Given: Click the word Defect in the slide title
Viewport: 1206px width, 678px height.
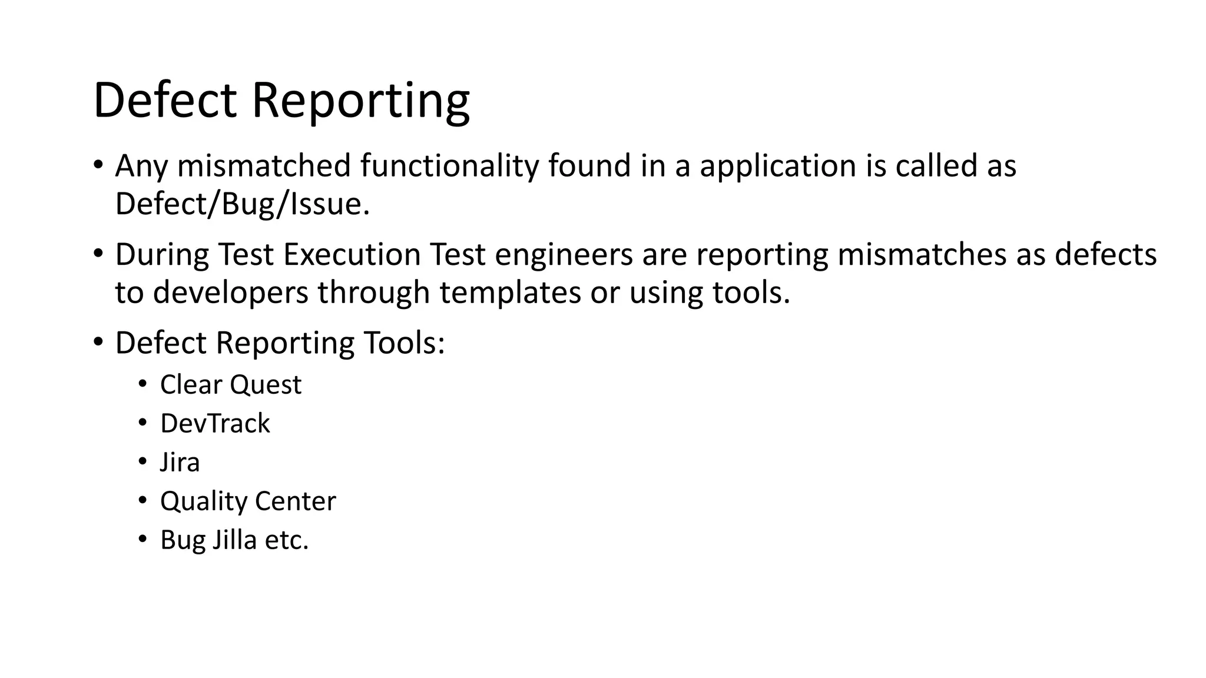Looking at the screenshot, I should [165, 100].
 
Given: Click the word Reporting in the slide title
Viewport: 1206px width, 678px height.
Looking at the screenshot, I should [360, 101].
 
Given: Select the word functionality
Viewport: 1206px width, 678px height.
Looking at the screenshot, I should [449, 166].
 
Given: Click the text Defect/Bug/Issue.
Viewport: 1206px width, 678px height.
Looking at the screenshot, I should [242, 205].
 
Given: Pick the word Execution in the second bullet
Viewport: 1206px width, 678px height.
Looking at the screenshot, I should [352, 255].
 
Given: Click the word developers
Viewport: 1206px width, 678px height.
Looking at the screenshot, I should [230, 293].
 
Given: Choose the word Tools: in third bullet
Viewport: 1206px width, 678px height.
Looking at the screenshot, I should [404, 343].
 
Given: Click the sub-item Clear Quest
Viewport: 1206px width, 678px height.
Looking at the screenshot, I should [230, 385].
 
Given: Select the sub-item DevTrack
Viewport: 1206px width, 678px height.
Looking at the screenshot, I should [215, 424].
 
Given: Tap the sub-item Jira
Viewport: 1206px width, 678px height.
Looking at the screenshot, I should [180, 463].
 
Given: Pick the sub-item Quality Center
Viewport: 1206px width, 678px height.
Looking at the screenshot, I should [247, 501].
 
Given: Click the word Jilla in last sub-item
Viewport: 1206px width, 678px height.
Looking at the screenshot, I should [234, 540].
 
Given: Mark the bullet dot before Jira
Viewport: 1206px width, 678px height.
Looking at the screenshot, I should [142, 461].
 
